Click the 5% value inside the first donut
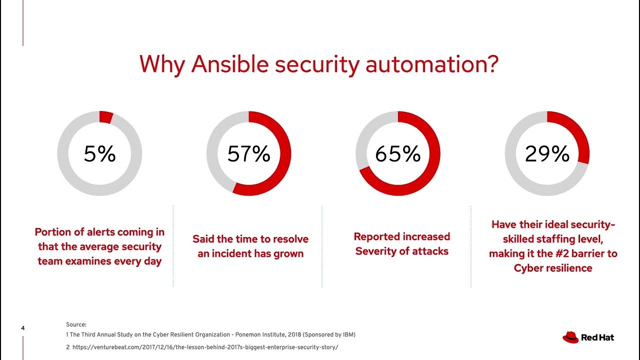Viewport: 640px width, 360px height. (99, 154)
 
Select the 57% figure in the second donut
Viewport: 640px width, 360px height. (248, 154)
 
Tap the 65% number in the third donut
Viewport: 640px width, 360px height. (397, 154)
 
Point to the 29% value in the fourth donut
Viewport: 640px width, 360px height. (547, 154)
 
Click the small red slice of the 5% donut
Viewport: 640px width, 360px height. (105, 117)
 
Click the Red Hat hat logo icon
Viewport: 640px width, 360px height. (570, 337)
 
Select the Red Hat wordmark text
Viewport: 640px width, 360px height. (597, 337)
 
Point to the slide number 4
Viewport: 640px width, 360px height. (23, 328)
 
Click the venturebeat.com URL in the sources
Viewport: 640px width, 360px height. (205, 347)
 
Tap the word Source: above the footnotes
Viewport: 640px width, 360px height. (76, 324)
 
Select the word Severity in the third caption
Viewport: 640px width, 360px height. (376, 251)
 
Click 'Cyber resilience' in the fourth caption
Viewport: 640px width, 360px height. (553, 268)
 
